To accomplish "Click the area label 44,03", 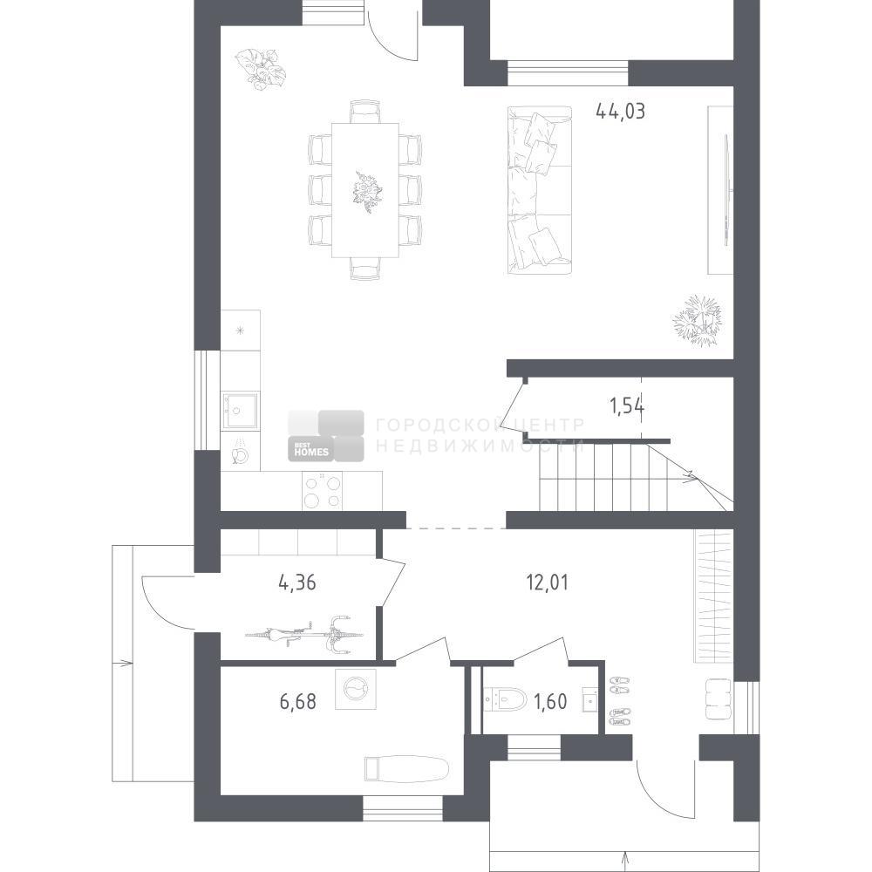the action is (x=620, y=112).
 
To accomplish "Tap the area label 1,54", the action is (x=627, y=406).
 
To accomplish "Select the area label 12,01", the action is (x=548, y=582).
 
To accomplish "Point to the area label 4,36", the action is (x=297, y=582).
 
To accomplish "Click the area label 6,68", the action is (x=298, y=701).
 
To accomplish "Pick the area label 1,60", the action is (x=550, y=702).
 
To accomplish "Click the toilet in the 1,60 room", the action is (x=505, y=699).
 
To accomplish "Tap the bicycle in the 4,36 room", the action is (x=304, y=634).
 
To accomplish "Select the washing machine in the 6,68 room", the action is (x=356, y=689).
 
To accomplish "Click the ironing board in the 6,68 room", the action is (x=406, y=768).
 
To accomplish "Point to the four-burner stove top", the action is (x=323, y=491).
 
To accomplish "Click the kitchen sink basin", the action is (x=241, y=411).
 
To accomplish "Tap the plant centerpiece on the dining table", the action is (x=367, y=191).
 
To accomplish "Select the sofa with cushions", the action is (x=540, y=190).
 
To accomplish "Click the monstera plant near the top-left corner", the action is (x=260, y=69).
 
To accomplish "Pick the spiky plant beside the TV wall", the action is (x=698, y=320).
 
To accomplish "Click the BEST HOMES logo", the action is (x=326, y=436).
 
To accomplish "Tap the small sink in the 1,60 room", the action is (x=590, y=699).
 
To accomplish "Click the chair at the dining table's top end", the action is (x=365, y=112).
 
